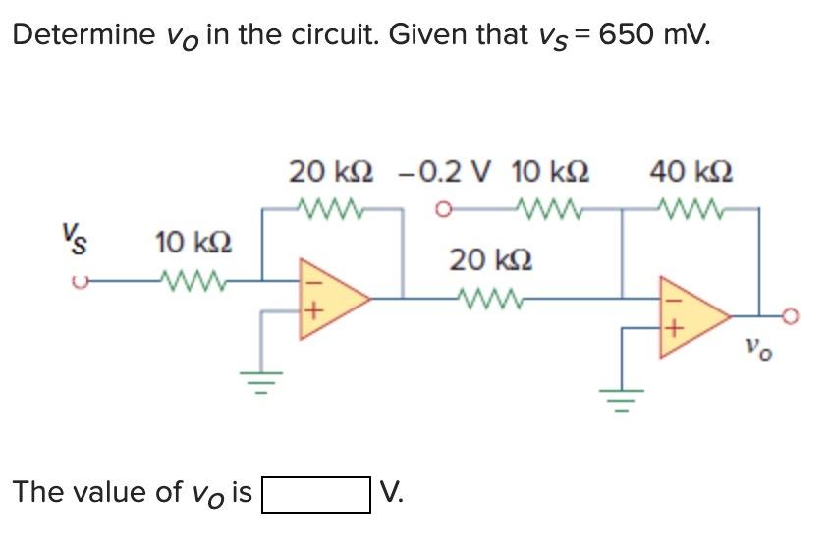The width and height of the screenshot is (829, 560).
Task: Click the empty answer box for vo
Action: (313, 493)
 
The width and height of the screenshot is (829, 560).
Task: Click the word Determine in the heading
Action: (82, 36)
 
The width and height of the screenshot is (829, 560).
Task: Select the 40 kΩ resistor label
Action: (691, 172)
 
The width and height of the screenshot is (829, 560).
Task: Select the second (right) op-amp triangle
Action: (692, 315)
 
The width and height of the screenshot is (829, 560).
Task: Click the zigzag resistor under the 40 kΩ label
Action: (691, 208)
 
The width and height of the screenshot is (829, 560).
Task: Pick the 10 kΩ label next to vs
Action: (193, 241)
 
